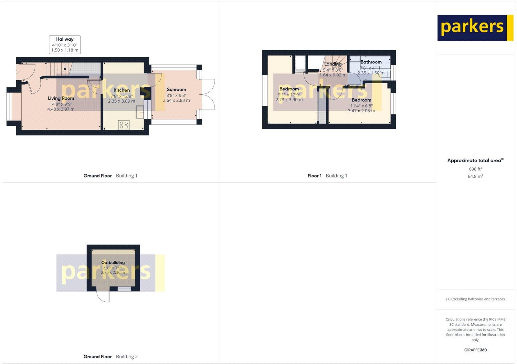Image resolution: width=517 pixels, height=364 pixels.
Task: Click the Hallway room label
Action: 65,39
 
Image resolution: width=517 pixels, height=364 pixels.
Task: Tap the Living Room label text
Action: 61,98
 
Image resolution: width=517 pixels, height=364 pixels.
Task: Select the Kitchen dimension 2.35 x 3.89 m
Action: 121,101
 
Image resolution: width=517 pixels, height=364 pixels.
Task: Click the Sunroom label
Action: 176,90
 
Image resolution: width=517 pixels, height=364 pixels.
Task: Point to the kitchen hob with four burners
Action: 124,125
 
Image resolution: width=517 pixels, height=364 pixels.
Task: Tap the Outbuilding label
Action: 113,263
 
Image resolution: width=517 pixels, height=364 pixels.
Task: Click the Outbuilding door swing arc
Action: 103,296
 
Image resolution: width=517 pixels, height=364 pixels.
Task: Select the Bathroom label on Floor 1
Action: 371,62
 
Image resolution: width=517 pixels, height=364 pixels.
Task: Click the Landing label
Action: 333,64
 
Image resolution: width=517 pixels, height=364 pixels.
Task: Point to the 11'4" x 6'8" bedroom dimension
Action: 362,106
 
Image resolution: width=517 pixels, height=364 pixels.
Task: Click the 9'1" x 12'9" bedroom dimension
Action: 289,95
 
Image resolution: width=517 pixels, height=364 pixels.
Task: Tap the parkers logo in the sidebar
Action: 475,28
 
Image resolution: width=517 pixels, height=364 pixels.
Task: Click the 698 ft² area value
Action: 475,169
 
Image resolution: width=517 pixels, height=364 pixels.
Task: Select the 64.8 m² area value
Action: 475,177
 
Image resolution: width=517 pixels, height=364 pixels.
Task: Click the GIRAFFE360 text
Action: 475,350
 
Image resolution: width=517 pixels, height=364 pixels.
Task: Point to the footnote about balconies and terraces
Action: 475,299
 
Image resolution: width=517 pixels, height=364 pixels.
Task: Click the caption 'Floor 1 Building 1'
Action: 327,176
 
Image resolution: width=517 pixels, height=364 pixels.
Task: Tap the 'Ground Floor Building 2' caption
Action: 111,357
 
